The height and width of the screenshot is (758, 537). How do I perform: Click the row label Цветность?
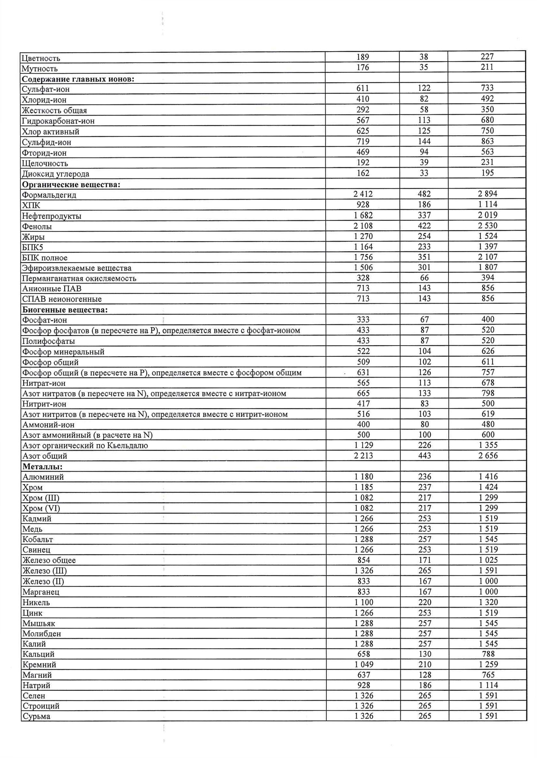(x=41, y=59)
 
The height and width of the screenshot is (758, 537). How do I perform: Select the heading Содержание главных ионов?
(x=78, y=79)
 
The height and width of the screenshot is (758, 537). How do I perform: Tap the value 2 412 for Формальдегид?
(x=363, y=194)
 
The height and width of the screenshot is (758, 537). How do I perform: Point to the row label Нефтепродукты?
(x=51, y=216)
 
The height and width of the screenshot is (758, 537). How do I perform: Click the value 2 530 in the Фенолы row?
(x=487, y=226)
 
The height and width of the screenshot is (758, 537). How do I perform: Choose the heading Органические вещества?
(x=71, y=184)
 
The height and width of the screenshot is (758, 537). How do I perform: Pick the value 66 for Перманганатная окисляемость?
(x=424, y=278)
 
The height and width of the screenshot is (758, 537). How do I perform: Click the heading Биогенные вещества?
(x=65, y=310)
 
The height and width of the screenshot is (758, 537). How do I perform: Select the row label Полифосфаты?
(x=49, y=341)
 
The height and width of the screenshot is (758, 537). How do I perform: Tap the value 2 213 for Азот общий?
(x=363, y=456)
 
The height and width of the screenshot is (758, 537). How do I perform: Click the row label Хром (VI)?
(x=41, y=508)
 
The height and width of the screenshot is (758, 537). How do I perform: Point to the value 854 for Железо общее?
(x=363, y=560)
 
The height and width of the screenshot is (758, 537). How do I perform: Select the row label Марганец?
(x=41, y=592)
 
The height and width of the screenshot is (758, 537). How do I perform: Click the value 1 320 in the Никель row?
(x=488, y=602)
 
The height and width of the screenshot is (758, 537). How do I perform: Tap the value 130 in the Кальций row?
(x=424, y=654)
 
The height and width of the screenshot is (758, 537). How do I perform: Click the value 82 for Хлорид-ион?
(x=424, y=99)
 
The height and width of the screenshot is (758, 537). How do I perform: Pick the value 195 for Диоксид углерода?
(x=487, y=173)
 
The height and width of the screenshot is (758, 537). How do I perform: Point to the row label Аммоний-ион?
(x=48, y=425)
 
